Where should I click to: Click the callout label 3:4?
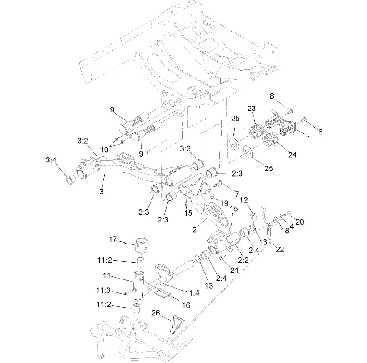(x=51, y=160)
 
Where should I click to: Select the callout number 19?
(x=224, y=202)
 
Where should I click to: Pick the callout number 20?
(x=299, y=222)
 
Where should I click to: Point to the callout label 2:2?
(x=243, y=260)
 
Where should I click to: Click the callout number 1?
(x=308, y=137)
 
